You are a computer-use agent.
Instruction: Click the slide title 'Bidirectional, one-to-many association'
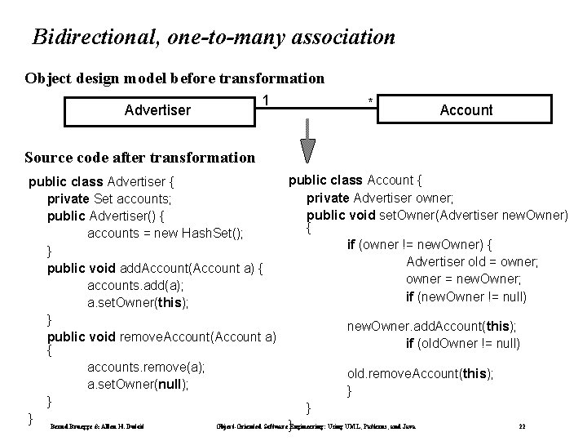[x=214, y=38]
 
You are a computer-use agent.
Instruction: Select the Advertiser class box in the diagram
[x=157, y=109]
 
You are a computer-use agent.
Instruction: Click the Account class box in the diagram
[x=466, y=109]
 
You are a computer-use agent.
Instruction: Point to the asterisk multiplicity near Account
[x=370, y=101]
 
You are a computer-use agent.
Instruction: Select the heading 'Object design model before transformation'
[x=174, y=79]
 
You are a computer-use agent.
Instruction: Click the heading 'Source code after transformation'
[x=139, y=157]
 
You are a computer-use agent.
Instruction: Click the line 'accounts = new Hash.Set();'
[x=166, y=233]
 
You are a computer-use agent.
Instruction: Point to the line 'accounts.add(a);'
[x=135, y=285]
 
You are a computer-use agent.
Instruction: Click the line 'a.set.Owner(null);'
[x=138, y=384]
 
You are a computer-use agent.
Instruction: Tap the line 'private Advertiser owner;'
[x=382, y=198]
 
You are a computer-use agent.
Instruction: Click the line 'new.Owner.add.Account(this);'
[x=431, y=326]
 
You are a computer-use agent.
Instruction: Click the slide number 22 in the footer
[x=521, y=426]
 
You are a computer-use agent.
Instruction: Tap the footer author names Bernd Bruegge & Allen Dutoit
[x=86, y=426]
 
